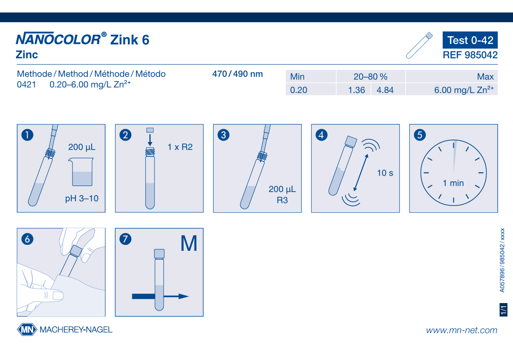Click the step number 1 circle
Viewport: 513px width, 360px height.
(27, 135)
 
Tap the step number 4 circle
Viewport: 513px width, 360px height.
(321, 135)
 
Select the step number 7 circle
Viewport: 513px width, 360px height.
(125, 239)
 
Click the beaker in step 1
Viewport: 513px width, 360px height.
(81, 172)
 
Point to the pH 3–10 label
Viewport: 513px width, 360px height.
(82, 199)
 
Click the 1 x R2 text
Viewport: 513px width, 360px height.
(180, 147)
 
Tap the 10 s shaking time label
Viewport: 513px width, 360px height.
(385, 173)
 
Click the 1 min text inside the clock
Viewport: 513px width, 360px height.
(453, 183)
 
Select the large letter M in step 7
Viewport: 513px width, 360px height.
(189, 243)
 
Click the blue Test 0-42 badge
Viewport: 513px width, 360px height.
(470, 40)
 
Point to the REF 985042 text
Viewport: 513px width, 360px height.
(470, 55)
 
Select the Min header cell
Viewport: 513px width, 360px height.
(311, 76)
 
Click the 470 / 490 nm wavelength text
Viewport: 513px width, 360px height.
(237, 74)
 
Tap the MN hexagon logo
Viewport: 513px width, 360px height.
(27, 329)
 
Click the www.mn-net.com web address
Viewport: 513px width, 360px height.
(462, 330)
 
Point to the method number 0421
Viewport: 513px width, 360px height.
(26, 84)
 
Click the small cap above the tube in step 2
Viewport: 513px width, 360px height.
(150, 130)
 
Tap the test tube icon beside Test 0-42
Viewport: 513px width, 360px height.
(420, 45)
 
